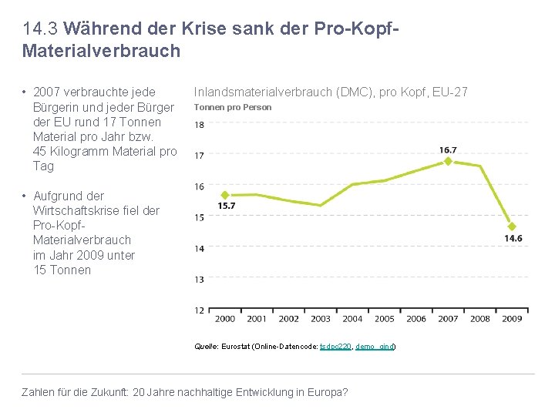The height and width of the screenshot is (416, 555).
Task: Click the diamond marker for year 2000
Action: click(225, 196)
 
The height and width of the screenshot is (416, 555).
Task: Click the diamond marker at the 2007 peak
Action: click(448, 161)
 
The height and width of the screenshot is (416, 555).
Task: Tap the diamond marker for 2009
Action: click(512, 226)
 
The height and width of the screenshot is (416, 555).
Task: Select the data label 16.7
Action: click(448, 149)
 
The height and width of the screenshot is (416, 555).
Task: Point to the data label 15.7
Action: click(226, 206)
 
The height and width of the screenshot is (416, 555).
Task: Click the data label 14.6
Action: click(513, 239)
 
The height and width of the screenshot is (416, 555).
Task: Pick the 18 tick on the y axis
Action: click(199, 125)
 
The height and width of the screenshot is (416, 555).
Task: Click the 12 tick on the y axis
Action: click(199, 310)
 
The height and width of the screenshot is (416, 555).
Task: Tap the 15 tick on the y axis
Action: click(199, 217)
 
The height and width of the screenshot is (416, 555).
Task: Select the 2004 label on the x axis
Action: click(352, 319)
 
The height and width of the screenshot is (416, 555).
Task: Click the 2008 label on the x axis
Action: click(480, 319)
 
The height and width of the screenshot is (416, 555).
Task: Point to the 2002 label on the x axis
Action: click(288, 319)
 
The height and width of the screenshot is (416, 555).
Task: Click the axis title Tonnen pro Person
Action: click(232, 107)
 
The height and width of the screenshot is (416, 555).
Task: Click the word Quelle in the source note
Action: click(206, 347)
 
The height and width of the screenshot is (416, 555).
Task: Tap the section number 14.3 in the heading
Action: click(40, 29)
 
